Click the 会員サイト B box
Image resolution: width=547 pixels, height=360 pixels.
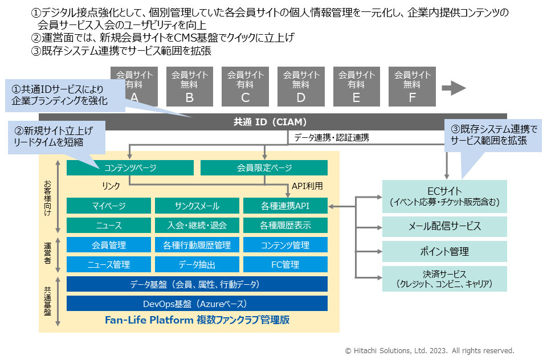click(190, 87)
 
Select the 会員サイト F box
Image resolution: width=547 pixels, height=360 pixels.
click(413, 87)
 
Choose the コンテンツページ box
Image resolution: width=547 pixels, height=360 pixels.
click(130, 167)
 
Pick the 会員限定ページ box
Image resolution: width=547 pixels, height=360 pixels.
click(264, 167)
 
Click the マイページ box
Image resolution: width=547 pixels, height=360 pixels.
click(109, 206)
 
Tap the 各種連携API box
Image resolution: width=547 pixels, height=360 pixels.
click(285, 206)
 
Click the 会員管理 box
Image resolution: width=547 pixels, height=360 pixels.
click(109, 245)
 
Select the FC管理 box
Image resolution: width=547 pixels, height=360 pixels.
click(285, 264)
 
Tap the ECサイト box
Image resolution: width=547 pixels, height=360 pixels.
click(444, 196)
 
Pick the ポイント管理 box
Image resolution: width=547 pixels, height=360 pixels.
click(444, 251)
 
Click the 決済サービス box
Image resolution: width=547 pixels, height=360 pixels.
click(444, 279)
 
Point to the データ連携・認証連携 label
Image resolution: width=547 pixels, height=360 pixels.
click(331, 137)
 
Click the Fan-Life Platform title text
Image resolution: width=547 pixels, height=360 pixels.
click(197, 320)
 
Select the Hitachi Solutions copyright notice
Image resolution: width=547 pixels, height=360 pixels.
click(430, 350)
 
